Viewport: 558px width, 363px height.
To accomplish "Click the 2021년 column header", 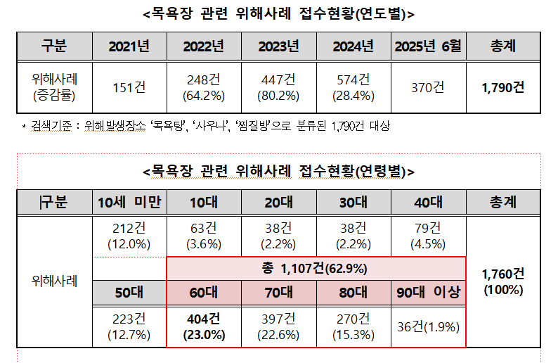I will pos(129,47).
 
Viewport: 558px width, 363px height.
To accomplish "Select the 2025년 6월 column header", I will pos(428,47).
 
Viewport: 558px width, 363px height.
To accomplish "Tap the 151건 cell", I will pos(129,87).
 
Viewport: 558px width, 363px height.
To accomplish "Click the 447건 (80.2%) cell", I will pos(278,87).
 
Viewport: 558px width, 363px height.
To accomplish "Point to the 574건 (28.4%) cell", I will pos(353,87).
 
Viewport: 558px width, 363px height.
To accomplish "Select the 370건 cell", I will pos(428,87).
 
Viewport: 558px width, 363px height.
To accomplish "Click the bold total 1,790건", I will pos(503,87).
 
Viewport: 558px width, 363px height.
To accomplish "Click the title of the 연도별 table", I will pos(278,14).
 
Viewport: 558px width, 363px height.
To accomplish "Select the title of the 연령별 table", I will pos(278,171).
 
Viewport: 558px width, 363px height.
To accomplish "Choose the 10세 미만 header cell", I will pos(129,203).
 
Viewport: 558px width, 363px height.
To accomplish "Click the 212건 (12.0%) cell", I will pos(129,236).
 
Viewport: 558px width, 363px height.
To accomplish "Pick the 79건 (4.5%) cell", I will pos(428,236).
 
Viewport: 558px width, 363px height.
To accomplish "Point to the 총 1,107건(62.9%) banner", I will pos(316,268).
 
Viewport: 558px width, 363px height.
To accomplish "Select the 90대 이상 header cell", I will pos(428,293).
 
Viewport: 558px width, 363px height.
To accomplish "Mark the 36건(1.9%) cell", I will pos(428,327).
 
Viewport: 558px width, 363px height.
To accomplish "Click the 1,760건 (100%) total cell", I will pos(503,281).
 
